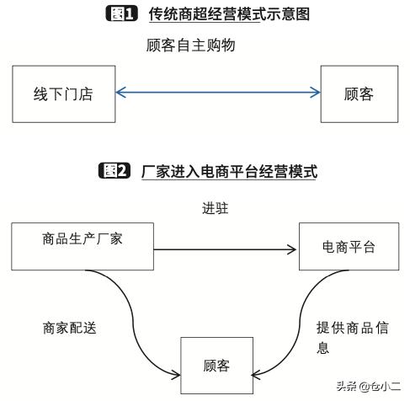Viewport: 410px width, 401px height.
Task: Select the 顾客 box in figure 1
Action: [359, 94]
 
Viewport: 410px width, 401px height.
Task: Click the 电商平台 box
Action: [348, 247]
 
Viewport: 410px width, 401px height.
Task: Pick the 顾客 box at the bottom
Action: [216, 365]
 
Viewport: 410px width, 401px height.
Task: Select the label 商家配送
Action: [70, 328]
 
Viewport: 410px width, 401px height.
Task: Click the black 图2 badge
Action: [115, 171]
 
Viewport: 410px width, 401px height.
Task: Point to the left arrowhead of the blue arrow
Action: [120, 93]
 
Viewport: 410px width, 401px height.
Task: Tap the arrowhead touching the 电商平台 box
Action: [295, 249]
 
